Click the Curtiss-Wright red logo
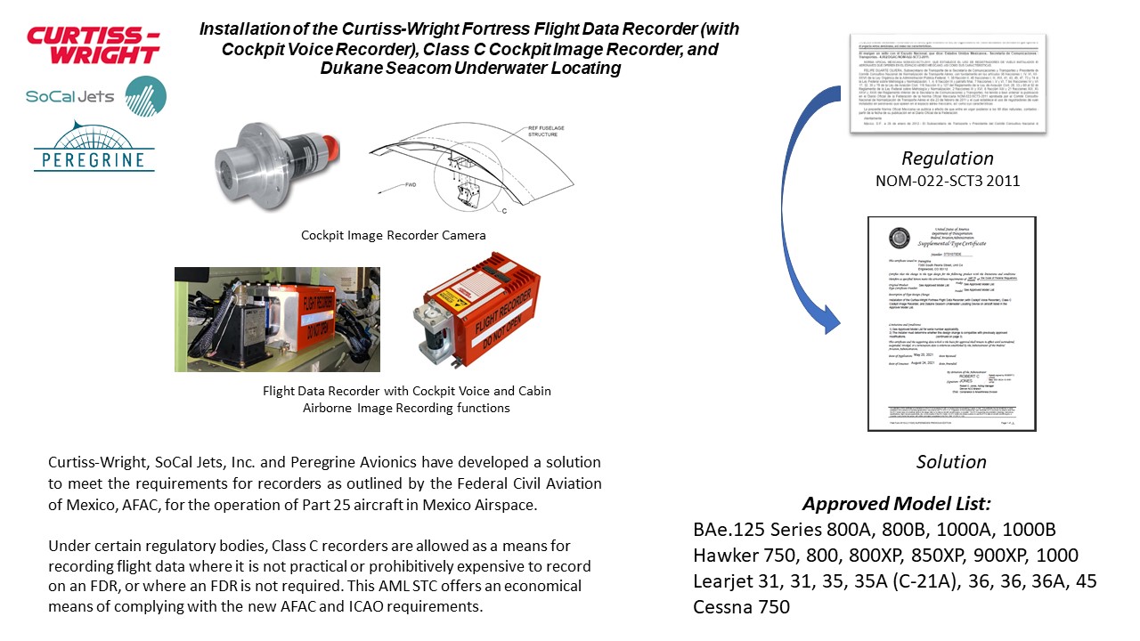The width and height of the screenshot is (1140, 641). (94, 45)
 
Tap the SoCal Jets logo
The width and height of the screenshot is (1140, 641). (96, 96)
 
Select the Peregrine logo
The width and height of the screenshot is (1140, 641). (94, 146)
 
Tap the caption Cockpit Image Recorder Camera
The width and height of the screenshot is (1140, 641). (393, 235)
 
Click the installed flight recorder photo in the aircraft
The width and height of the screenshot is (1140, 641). (277, 319)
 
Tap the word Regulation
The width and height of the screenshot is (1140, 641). (947, 158)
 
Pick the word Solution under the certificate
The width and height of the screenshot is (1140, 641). (950, 461)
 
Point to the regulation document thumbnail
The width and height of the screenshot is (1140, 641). (947, 83)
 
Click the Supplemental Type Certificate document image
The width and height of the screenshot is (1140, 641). (951, 323)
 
